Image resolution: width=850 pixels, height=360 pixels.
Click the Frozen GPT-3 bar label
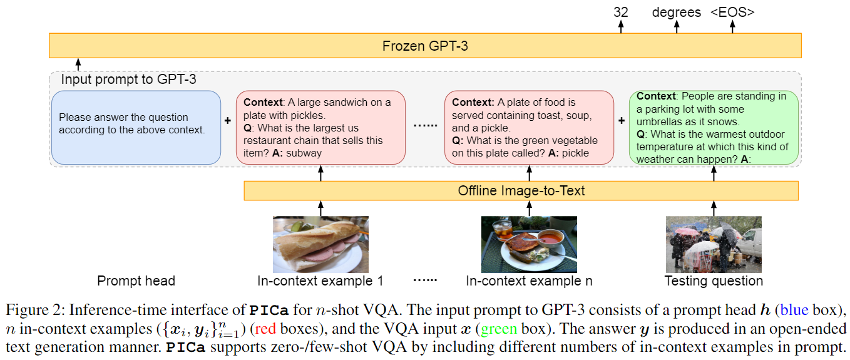[425, 46]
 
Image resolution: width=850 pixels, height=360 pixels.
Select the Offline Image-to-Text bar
[521, 190]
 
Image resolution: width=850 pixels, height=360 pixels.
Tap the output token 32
[621, 12]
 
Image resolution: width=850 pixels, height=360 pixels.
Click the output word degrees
[677, 12]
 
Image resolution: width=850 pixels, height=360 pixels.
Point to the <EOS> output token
[732, 12]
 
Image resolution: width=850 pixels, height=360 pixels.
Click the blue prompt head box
[136, 128]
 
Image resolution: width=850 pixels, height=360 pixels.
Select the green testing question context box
[714, 128]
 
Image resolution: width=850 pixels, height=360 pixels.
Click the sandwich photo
[320, 244]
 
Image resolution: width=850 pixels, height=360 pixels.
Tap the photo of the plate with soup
[529, 244]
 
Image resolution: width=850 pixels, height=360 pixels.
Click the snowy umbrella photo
[714, 244]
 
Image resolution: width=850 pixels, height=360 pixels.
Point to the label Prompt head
[136, 281]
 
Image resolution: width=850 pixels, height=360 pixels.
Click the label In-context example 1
[320, 281]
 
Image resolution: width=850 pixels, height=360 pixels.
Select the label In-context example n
[529, 281]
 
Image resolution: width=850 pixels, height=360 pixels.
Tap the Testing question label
[714, 281]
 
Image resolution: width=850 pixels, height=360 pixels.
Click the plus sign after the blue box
[228, 120]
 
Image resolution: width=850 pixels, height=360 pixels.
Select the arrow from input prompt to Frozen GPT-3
[78, 64]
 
